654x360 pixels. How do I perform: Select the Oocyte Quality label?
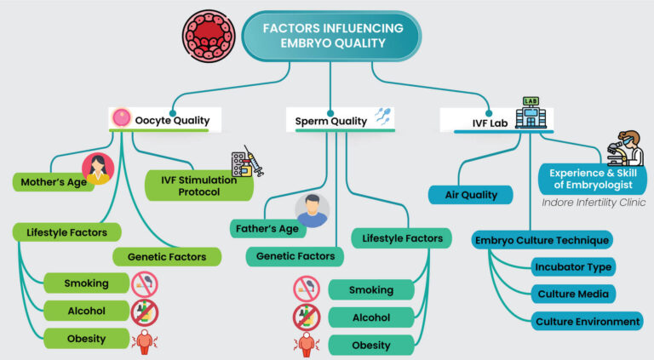171,120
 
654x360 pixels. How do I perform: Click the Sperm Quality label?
330,121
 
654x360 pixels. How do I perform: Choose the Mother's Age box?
52,181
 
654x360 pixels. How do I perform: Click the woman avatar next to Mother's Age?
97,169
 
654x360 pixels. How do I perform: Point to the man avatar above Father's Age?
312,210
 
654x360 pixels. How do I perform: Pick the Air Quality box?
472,195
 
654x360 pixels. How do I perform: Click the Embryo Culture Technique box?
542,240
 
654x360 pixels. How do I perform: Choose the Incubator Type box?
573,266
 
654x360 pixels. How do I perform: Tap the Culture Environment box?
587,321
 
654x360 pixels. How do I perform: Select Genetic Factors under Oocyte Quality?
167,256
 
